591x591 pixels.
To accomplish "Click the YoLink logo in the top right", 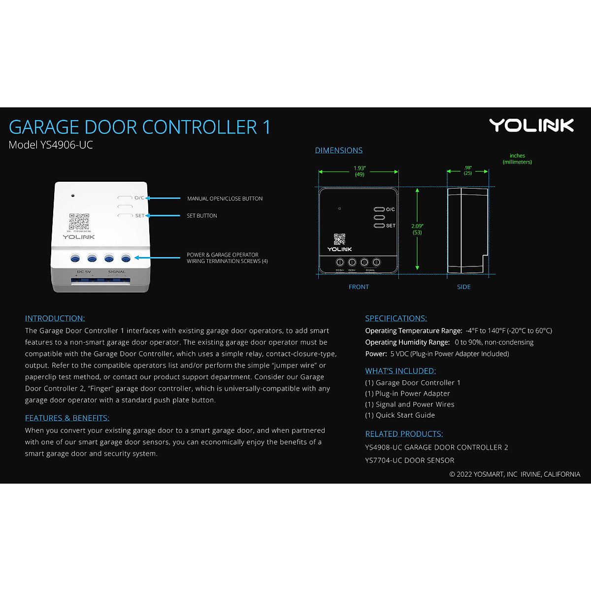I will point(531,126).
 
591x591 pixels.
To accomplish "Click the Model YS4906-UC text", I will point(51,145).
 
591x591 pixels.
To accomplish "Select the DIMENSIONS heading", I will point(339,150).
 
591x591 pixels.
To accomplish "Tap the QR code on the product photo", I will point(79,222).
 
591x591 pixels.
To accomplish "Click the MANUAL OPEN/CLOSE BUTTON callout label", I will point(225,198).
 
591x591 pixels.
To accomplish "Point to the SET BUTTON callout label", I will point(201,216).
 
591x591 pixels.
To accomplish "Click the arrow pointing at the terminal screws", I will point(157,258).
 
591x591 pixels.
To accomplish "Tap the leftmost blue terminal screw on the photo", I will point(75,258).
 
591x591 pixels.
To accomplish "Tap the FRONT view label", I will point(359,287).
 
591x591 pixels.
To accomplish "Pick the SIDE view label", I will point(463,287).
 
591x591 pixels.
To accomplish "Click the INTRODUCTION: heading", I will point(55,318).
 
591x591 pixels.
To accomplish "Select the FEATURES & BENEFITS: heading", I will point(67,418).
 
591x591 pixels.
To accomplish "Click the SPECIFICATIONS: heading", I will point(396,318).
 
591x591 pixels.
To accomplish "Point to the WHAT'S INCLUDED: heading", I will point(400,371).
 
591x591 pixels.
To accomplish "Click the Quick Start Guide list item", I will point(400,415).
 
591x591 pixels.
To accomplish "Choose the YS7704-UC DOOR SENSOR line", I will point(410,460).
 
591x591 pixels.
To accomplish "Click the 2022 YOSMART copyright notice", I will point(515,474).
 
